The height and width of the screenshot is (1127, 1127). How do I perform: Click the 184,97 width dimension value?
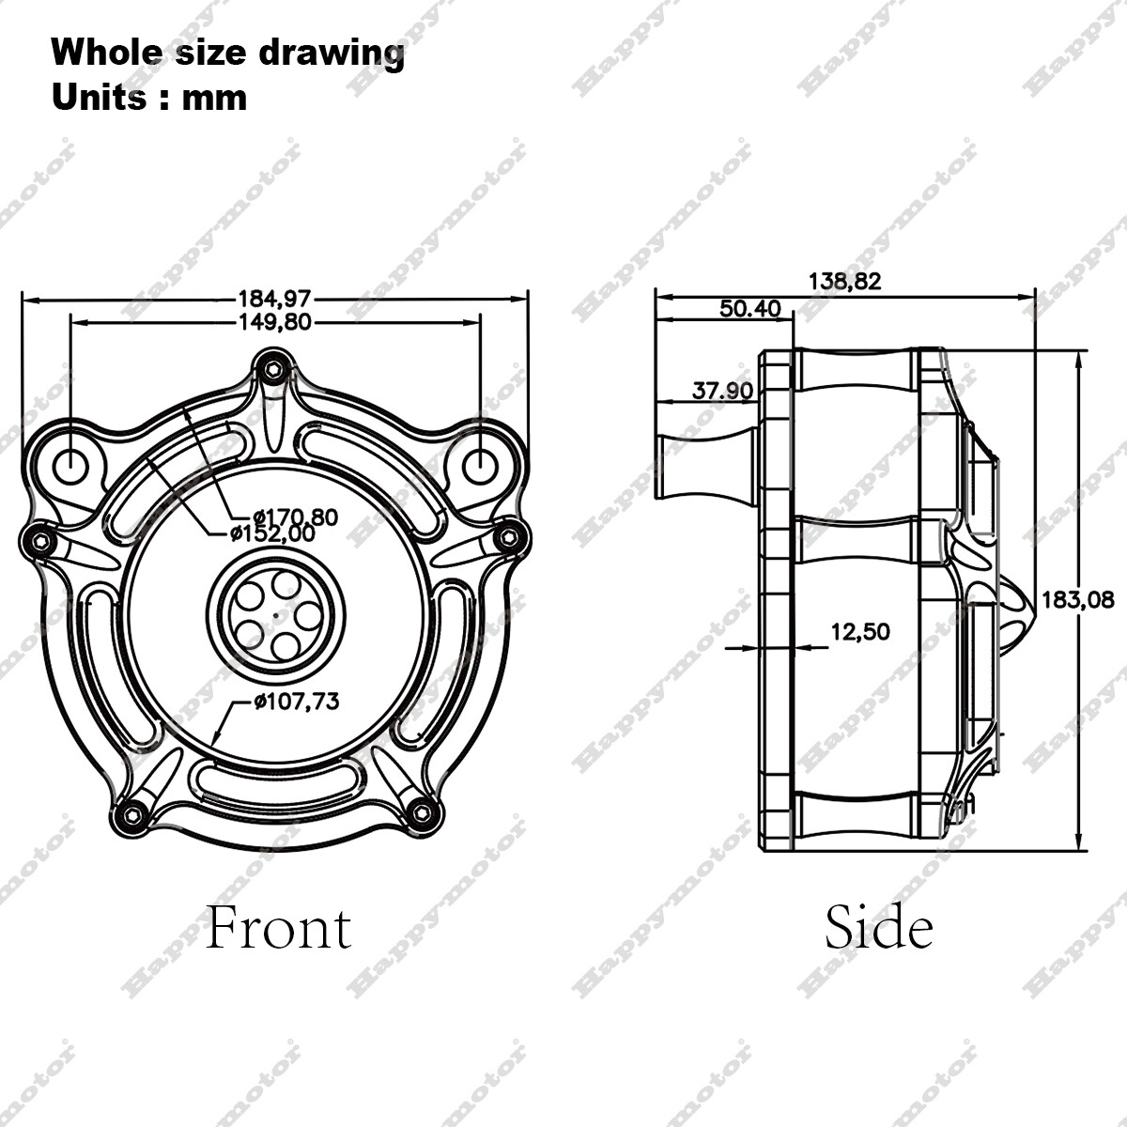coord(273,300)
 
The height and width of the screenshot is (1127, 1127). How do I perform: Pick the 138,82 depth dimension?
coord(844,281)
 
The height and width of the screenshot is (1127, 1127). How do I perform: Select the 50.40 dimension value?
coord(750,308)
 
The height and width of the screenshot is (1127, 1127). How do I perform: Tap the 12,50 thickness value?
coord(859,632)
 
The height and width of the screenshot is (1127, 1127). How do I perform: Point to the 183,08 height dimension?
coord(1078,599)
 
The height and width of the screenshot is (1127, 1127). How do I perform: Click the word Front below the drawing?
coord(278,927)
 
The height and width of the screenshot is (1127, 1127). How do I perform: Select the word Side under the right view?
coord(878,927)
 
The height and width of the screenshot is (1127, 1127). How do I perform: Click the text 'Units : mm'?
coord(149,98)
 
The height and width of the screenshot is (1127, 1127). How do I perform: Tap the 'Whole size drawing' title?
coord(227,53)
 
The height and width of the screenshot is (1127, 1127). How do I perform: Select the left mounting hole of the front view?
coord(71,463)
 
